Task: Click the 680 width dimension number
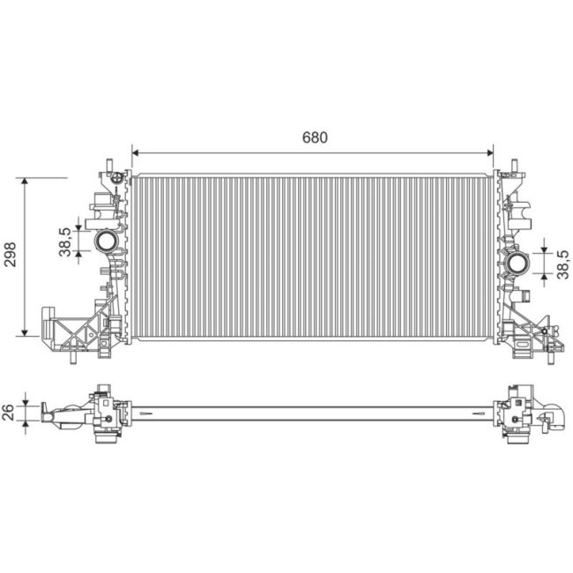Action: [315, 138]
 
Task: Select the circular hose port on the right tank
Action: [517, 263]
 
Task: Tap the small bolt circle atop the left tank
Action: [115, 175]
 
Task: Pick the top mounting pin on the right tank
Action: [514, 165]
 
